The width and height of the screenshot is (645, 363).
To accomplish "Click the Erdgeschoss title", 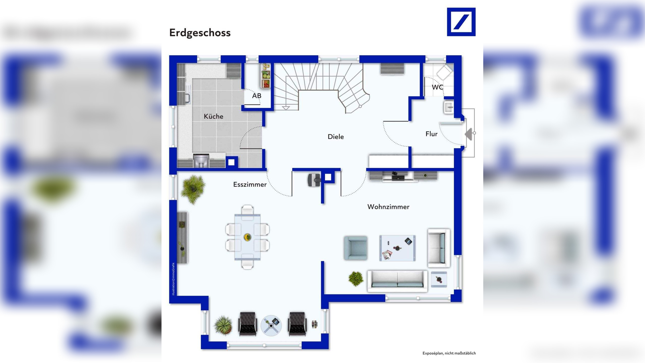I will [200, 33].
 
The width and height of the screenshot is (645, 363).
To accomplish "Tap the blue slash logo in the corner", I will [461, 22].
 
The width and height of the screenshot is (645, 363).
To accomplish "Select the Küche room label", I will [213, 116].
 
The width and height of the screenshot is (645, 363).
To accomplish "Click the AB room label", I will [257, 96].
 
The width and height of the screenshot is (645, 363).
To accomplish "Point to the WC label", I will [437, 87].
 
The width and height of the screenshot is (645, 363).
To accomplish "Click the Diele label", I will [336, 137].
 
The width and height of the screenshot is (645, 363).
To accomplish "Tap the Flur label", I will [431, 134].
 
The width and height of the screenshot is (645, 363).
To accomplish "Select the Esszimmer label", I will [250, 185].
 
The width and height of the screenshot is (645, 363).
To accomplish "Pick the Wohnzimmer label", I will [388, 207].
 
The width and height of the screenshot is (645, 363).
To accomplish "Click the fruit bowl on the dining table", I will [247, 237].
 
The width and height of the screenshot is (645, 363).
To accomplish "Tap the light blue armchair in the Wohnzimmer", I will [356, 248].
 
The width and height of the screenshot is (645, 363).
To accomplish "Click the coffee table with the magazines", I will [397, 248].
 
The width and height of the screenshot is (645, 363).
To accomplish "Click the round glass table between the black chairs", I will [271, 326].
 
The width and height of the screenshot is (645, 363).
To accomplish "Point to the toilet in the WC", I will [444, 72].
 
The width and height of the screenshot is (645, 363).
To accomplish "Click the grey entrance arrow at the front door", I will [469, 134].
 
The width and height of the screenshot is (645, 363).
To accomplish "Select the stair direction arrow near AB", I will [286, 108].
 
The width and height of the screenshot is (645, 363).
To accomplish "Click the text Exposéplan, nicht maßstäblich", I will [449, 353].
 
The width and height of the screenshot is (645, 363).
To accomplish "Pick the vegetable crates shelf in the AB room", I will [265, 76].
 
